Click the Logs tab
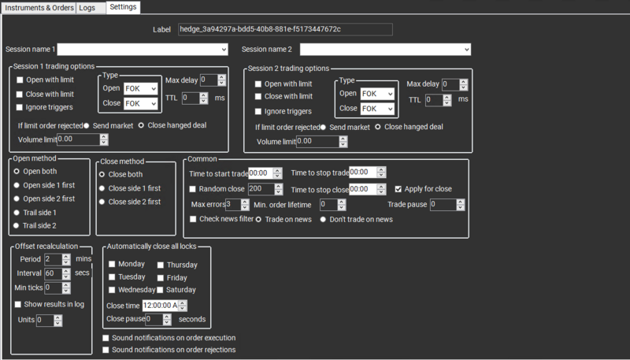[x=87, y=7]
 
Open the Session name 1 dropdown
[x=143, y=50]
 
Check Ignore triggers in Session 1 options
[x=20, y=107]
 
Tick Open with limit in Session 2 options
[x=259, y=84]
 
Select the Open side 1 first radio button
[x=17, y=185]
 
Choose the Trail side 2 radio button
[x=17, y=226]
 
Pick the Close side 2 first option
[x=102, y=202]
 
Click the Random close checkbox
[x=193, y=189]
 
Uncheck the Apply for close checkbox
[x=398, y=189]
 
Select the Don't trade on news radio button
[x=323, y=219]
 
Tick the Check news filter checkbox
[x=193, y=219]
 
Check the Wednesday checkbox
[x=112, y=291]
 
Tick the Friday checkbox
[x=161, y=278]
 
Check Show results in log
[x=19, y=304]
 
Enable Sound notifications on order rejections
[x=106, y=350]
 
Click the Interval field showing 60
[x=51, y=273]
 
